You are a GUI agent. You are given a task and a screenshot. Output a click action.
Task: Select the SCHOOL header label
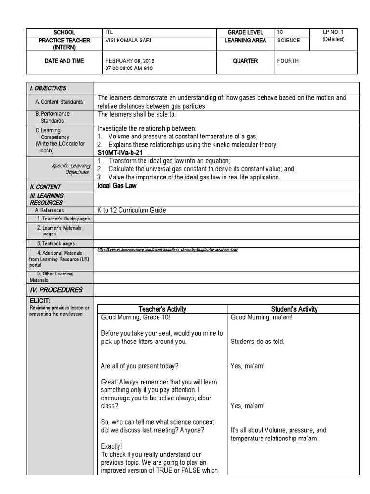coord(65,32)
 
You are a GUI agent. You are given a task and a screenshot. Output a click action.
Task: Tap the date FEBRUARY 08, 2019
coord(130,61)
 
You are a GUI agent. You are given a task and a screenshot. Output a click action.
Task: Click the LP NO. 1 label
coord(333,32)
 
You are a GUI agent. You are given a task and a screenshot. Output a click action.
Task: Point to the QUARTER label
coord(245,61)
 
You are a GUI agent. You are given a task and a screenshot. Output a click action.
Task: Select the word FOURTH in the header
coord(288,61)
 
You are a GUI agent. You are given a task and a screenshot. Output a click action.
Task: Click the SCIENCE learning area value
coord(289,41)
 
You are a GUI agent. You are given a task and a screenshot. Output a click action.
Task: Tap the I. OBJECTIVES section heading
coord(48,88)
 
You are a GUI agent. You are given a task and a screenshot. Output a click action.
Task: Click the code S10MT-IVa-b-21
coord(119,152)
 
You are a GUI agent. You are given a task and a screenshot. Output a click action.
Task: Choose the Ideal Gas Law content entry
coord(117,186)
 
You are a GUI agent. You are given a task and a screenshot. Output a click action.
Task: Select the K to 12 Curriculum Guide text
coord(132,210)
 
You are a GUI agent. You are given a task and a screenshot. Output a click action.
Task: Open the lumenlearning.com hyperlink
coord(167,250)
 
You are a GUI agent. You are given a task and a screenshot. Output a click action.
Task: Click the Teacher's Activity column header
coord(162,309)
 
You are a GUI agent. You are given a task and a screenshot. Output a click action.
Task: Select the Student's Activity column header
coord(294,309)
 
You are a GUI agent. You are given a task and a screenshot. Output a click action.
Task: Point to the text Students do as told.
coord(257,342)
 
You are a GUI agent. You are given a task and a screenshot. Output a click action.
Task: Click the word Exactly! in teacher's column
coord(112,446)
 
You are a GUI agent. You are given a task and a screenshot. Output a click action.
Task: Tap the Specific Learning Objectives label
coord(71,169)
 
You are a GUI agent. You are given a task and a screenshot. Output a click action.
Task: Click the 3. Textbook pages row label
coord(56,244)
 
